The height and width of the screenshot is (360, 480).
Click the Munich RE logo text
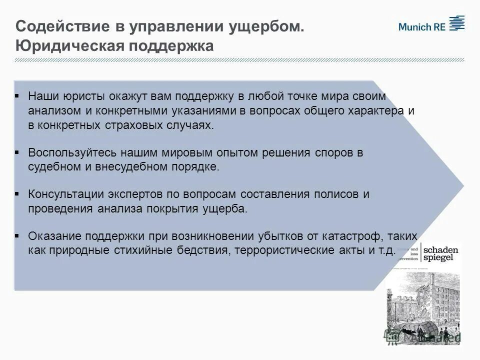(x=421, y=27)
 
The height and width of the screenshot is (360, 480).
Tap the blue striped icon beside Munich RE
(x=456, y=23)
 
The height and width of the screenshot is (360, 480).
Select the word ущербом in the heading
(x=266, y=26)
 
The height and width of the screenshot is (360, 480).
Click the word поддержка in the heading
(x=172, y=45)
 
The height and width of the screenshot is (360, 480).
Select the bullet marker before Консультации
(x=17, y=193)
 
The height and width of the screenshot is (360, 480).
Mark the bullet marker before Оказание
(x=17, y=235)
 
